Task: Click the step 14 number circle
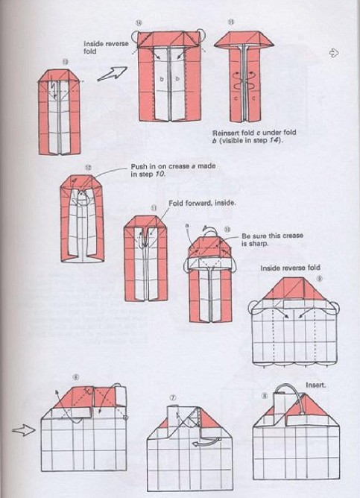coord(138,23)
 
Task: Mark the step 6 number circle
coord(75,378)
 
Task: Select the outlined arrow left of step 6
coord(24,429)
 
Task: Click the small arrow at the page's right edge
coord(334,53)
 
